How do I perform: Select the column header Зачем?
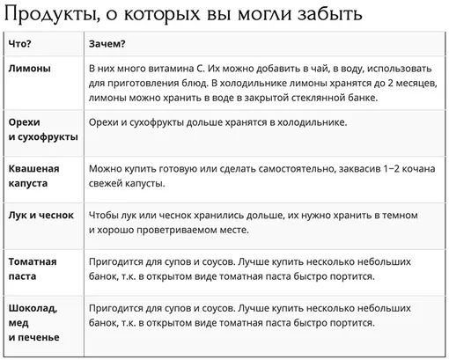point(107,43)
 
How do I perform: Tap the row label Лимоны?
point(29,68)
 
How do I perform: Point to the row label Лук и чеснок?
point(40,215)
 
